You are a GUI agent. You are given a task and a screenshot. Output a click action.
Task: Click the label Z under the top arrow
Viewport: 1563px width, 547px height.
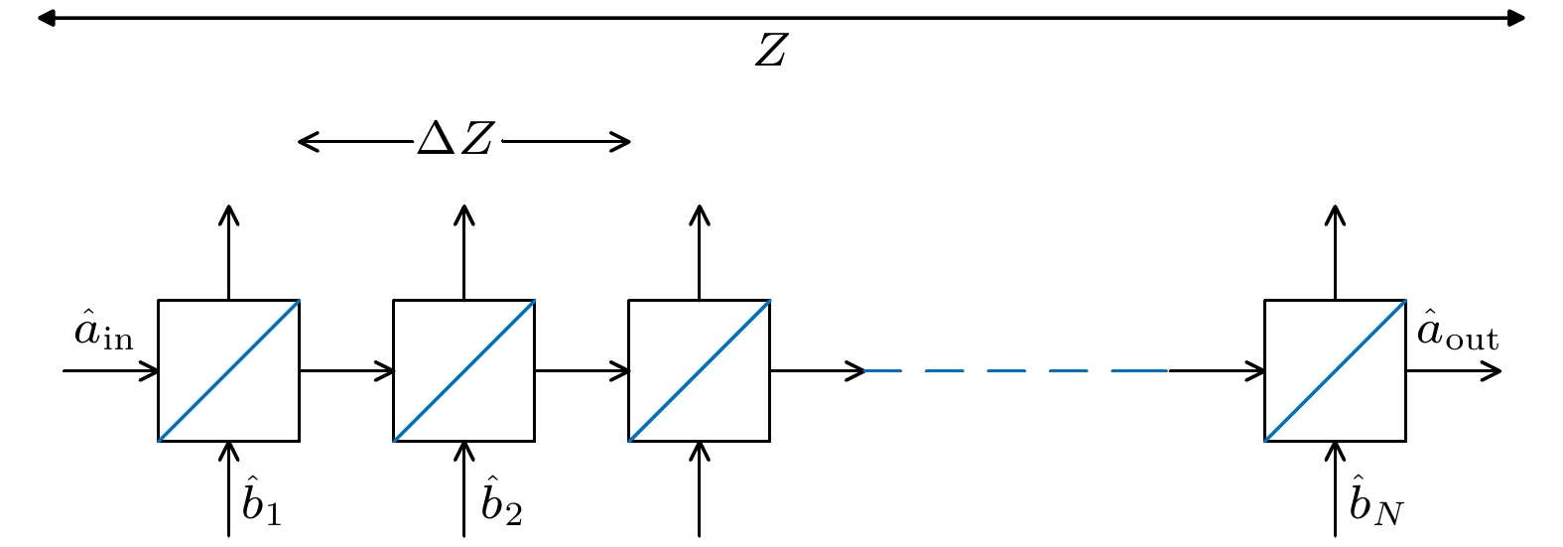click(x=770, y=51)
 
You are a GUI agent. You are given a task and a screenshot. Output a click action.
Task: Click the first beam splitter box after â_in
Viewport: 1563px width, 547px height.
click(x=228, y=370)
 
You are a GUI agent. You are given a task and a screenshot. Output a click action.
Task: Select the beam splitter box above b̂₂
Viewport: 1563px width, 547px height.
click(x=463, y=370)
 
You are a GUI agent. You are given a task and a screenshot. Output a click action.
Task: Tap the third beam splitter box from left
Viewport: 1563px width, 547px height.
click(x=699, y=370)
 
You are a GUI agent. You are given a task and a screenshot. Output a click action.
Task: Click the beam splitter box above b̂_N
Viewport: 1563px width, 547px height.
click(x=1335, y=370)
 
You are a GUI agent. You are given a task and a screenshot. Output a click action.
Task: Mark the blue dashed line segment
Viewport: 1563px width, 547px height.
click(x=1017, y=370)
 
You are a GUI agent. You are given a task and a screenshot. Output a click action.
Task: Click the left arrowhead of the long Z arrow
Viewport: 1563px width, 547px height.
click(x=45, y=18)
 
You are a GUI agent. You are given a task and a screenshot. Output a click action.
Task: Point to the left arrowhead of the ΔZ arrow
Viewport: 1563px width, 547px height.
click(x=306, y=142)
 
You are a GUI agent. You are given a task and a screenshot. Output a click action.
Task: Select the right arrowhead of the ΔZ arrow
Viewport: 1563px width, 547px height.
click(x=623, y=142)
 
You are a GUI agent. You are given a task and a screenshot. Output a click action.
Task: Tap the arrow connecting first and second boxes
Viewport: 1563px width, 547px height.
click(x=346, y=370)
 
